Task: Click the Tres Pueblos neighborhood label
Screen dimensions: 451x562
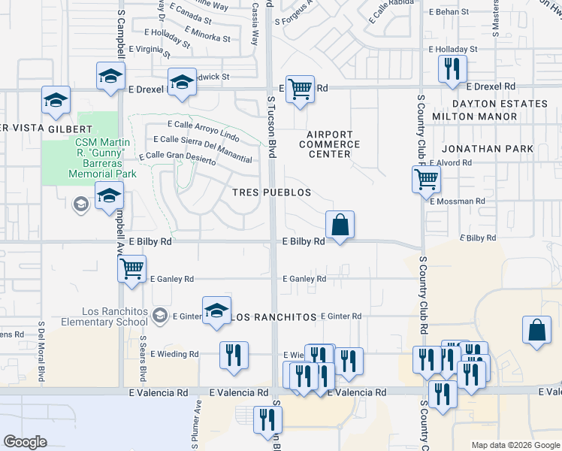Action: click(x=271, y=192)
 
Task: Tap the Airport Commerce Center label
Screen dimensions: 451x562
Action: click(x=330, y=144)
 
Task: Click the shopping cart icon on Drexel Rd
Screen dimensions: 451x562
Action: click(x=300, y=89)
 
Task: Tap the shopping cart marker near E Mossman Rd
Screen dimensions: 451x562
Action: click(x=426, y=179)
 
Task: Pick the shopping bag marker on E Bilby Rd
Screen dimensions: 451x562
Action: click(x=340, y=224)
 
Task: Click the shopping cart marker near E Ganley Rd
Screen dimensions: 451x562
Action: click(x=132, y=268)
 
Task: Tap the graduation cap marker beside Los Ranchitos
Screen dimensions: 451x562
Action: click(x=216, y=310)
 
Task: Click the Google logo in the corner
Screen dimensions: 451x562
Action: click(x=25, y=441)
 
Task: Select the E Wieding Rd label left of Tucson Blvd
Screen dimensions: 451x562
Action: click(x=174, y=354)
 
